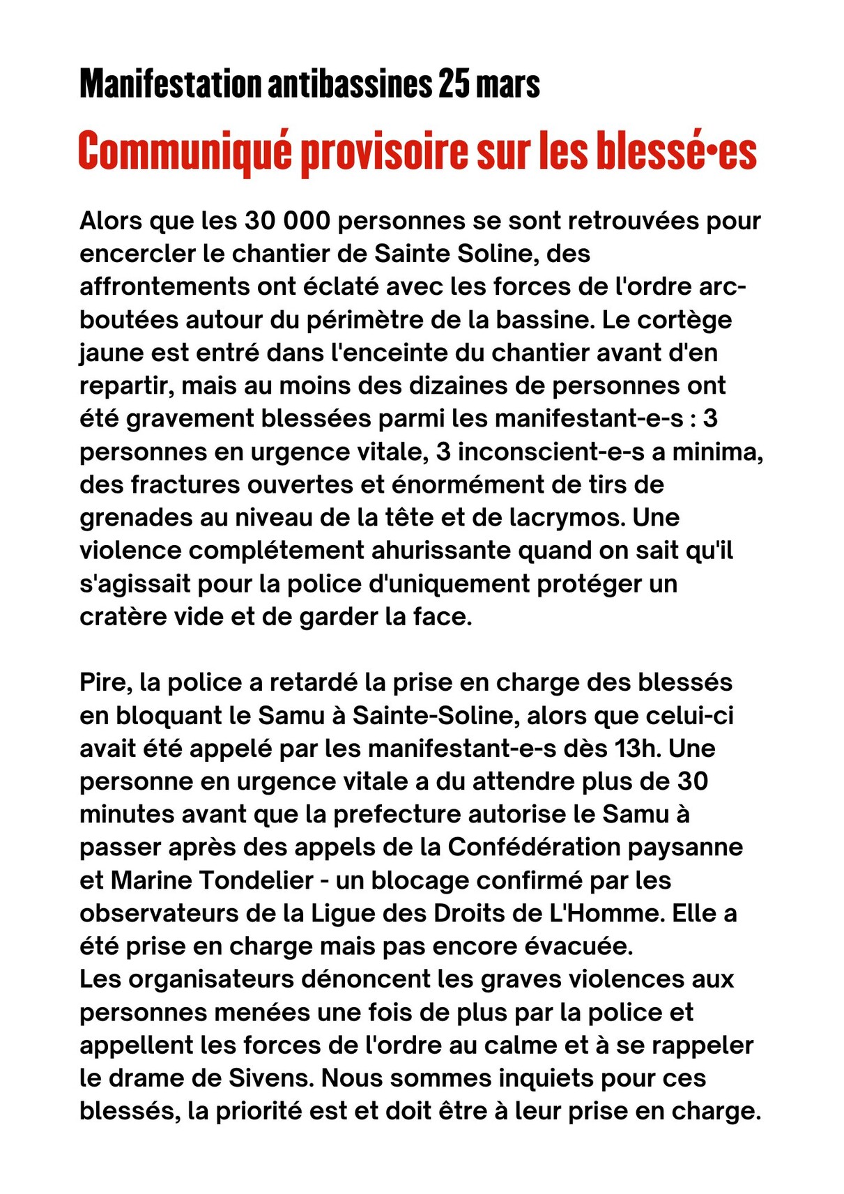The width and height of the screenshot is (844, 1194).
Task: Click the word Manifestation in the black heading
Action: click(x=169, y=85)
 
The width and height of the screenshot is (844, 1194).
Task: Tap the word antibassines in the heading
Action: click(x=349, y=85)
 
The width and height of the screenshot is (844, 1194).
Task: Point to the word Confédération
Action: click(x=534, y=847)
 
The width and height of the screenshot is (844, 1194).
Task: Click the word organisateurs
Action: click(x=211, y=979)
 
